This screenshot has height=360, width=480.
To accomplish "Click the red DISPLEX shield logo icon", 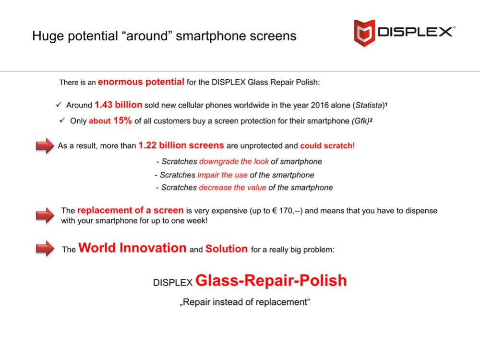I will (x=364, y=32).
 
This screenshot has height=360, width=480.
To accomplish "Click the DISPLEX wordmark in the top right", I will (x=415, y=32).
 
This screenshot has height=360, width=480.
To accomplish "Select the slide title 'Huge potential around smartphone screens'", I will (x=164, y=36).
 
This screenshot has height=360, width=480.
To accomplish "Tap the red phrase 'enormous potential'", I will (x=141, y=82).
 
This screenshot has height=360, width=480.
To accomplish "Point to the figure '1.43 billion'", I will (x=118, y=105).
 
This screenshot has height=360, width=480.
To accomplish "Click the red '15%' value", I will (x=122, y=120).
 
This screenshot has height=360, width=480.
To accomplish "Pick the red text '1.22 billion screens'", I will (x=181, y=145).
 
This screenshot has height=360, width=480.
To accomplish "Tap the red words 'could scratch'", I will (x=326, y=145).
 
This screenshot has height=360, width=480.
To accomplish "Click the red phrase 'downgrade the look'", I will (x=234, y=161).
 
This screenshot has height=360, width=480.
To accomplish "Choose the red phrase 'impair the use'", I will (x=222, y=175).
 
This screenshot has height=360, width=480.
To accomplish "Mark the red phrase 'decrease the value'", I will (x=232, y=187).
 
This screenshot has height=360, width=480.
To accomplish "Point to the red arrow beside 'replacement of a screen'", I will (x=45, y=214).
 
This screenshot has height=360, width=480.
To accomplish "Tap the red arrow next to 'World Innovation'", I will (x=45, y=249).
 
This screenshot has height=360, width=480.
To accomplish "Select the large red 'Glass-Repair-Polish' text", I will (x=271, y=280).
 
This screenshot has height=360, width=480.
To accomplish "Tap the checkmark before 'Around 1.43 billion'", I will (x=59, y=105).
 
